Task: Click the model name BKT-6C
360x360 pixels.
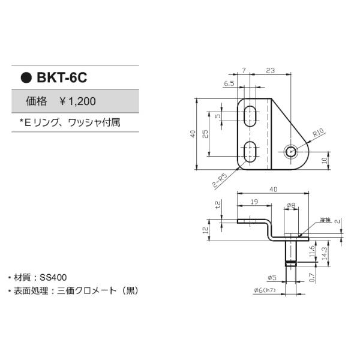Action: click(x=62, y=77)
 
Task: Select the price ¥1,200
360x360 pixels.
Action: click(x=77, y=101)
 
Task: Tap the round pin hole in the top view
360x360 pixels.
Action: click(x=291, y=151)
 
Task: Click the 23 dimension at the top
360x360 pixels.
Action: click(x=270, y=71)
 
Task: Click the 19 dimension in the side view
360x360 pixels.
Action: click(x=254, y=203)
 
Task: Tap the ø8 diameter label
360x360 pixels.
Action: click(x=291, y=205)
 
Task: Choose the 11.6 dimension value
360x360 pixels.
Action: click(x=311, y=251)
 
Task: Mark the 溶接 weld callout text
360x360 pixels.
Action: click(x=325, y=220)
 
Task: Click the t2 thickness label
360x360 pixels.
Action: click(x=218, y=205)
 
